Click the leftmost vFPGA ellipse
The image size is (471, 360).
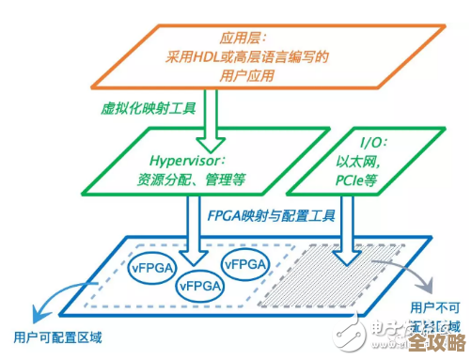pos(151,265)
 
